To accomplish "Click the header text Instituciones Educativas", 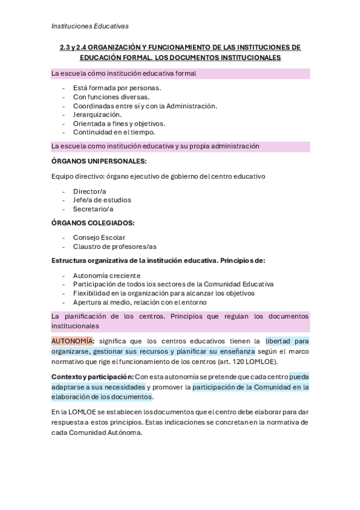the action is point(90,26).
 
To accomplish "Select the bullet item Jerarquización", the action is point(97,114).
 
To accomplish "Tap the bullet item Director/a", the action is point(89,191).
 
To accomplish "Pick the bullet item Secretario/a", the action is point(93,209).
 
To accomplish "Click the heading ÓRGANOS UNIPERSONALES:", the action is point(99,161).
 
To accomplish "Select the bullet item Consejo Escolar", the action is point(99,238).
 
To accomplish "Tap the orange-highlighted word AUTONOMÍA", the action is point(72,341).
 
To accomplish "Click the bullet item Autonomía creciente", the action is point(106,275).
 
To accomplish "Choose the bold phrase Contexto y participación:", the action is point(93,376).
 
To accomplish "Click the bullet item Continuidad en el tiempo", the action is point(114,132).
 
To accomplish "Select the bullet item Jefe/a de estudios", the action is point(102,200).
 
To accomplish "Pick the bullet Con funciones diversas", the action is point(111,96).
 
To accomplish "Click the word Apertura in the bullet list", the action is point(88,302).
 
